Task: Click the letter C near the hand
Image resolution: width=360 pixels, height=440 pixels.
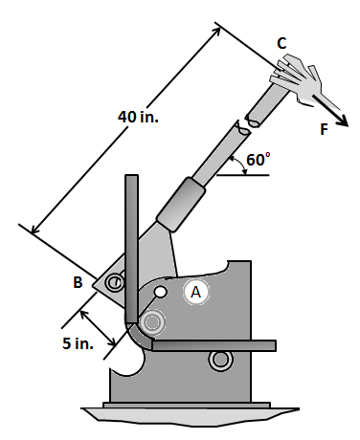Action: [x=281, y=43]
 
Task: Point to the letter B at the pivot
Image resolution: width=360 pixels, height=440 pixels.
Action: [x=79, y=282]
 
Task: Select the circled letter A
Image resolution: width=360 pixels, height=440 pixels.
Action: [x=195, y=292]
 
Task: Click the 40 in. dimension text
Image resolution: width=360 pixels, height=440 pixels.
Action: [x=138, y=117]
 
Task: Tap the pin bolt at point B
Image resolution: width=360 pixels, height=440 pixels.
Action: [x=114, y=282]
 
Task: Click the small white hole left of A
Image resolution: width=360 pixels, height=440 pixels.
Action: [x=161, y=291]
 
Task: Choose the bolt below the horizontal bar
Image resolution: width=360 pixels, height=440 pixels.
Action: [x=220, y=360]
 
